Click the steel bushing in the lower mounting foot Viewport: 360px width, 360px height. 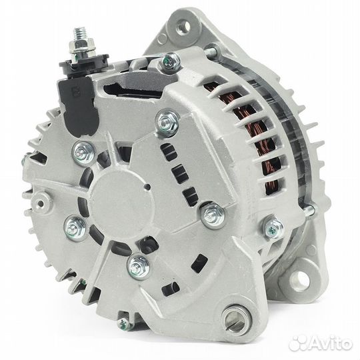pyautogui.click(x=236, y=318)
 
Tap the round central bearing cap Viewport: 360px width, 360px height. pyautogui.click(x=122, y=201)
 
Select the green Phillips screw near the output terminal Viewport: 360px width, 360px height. pyautogui.click(x=170, y=61)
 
